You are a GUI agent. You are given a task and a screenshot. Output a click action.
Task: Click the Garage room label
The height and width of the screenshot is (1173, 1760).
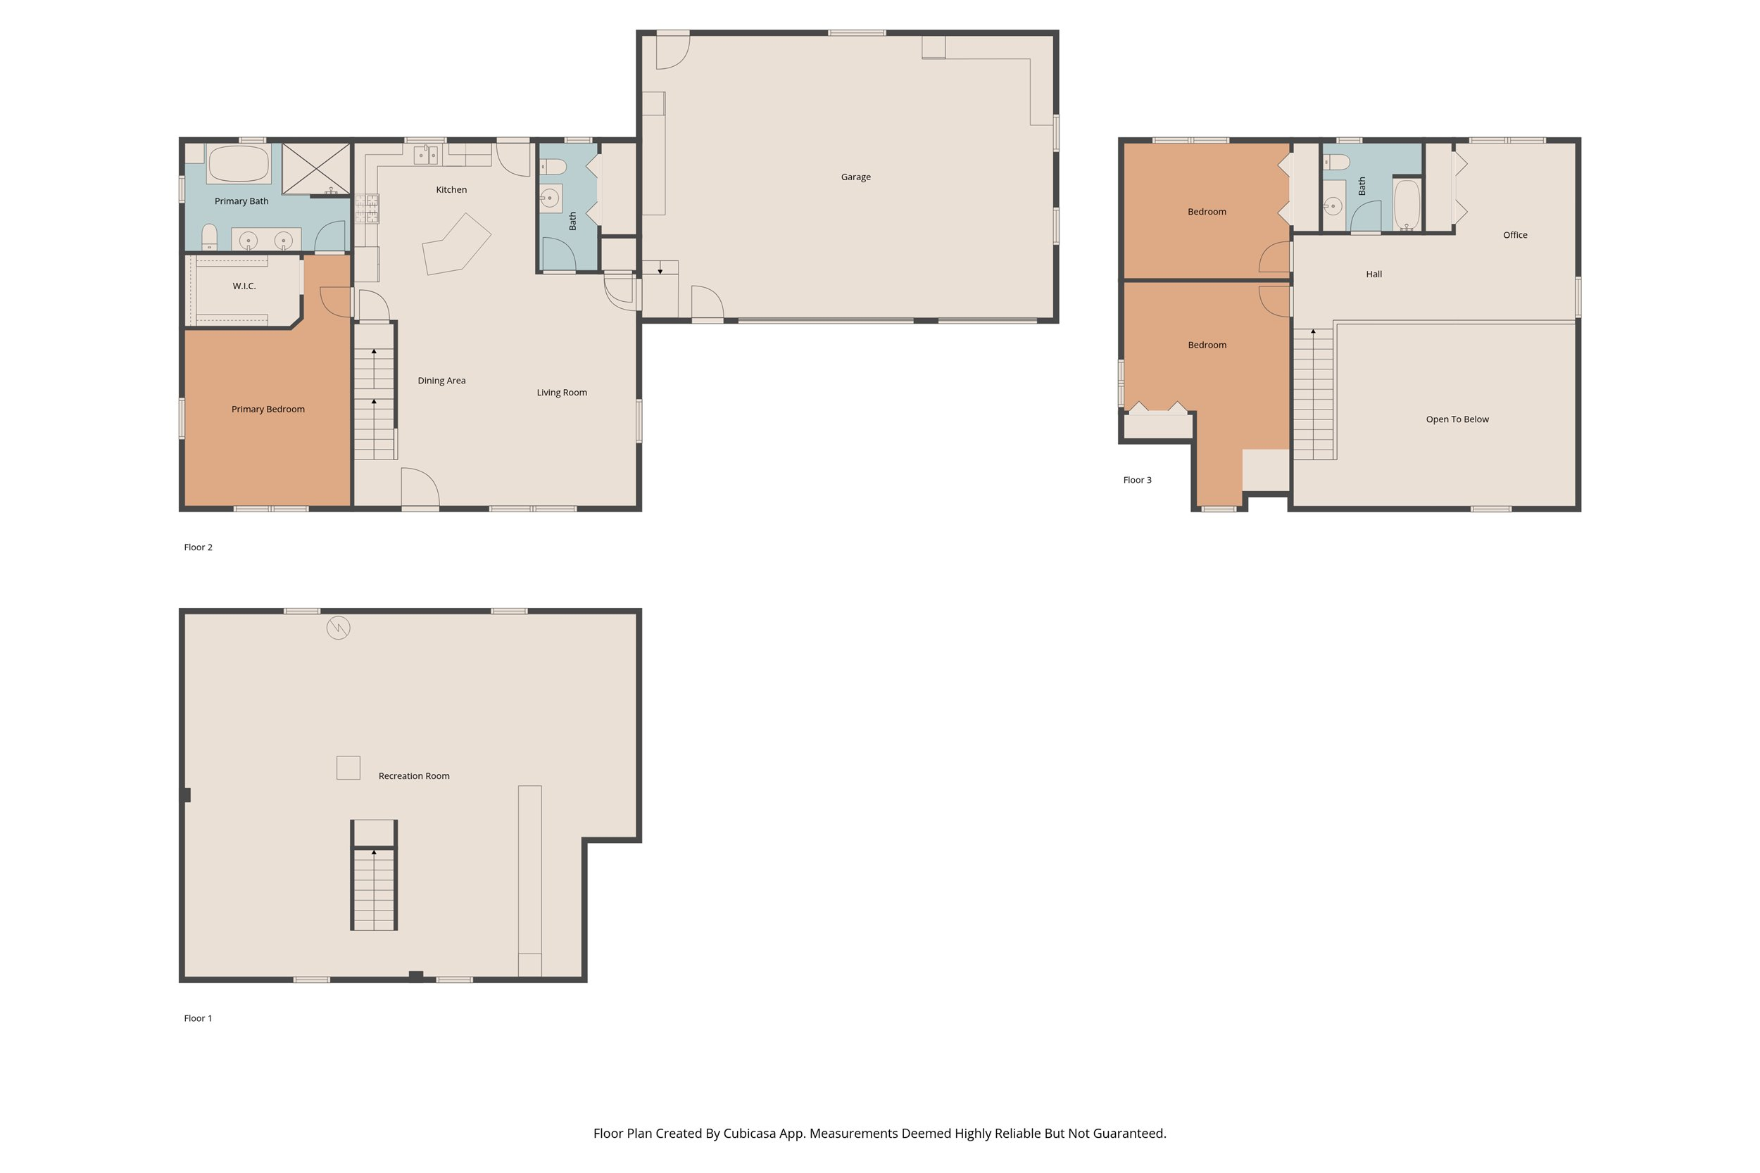[855, 177]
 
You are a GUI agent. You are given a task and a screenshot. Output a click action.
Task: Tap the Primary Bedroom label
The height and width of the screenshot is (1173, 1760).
[268, 410]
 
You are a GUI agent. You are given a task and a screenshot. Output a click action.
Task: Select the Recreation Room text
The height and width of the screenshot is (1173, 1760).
[414, 775]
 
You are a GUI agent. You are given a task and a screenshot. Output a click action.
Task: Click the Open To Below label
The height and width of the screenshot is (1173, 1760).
[1457, 419]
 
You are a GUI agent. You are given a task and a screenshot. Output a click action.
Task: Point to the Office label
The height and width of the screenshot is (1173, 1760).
[1514, 235]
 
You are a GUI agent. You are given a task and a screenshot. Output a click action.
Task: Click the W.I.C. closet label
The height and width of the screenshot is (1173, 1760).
[244, 286]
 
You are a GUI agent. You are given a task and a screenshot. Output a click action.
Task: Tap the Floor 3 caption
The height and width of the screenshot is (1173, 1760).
[1137, 481]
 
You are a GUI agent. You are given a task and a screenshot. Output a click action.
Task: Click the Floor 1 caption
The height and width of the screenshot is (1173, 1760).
[198, 1018]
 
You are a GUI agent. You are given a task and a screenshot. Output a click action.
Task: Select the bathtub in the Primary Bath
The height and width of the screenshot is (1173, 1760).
[239, 165]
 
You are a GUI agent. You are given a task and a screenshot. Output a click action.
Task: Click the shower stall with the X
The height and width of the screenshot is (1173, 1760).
[316, 169]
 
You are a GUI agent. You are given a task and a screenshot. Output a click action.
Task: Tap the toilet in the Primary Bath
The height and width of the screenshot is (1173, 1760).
[210, 237]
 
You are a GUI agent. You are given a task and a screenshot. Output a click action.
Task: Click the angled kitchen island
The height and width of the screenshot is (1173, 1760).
[455, 244]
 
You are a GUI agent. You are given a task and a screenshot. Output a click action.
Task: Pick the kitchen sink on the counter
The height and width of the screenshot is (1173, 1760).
[426, 155]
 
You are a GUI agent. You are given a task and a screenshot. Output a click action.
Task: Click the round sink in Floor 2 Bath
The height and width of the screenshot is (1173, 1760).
[550, 198]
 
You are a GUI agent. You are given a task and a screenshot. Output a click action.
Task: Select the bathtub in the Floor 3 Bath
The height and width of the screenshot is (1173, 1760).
[1407, 204]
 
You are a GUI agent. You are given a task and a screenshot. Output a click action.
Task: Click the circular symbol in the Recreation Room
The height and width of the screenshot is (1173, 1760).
[338, 628]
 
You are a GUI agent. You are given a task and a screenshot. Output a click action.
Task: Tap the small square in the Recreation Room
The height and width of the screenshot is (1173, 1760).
[348, 768]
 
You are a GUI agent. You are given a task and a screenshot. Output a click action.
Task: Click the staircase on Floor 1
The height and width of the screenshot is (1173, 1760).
[373, 888]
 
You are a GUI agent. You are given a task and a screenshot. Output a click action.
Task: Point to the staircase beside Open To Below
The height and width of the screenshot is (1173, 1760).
[1313, 394]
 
